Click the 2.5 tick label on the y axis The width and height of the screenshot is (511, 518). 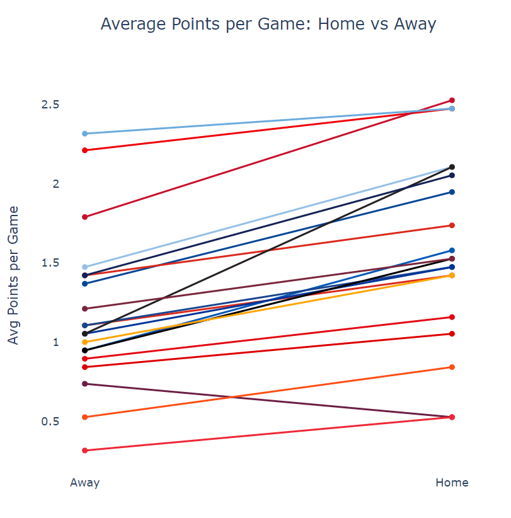pos(54,105)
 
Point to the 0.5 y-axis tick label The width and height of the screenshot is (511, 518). pos(54,422)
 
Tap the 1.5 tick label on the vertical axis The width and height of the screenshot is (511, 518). pos(54,263)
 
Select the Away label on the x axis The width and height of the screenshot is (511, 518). pos(84,483)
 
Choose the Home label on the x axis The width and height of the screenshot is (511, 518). pos(452,483)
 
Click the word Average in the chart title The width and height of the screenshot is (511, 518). pos(130,24)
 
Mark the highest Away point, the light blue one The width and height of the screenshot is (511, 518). pos(84,134)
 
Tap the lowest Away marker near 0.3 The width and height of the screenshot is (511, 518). pos(84,451)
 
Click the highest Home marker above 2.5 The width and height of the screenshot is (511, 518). pos(452,100)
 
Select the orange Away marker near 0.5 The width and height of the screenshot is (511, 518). pos(84,417)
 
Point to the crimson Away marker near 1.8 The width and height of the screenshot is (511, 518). pos(84,217)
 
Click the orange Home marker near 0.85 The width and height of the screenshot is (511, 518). pos(452,367)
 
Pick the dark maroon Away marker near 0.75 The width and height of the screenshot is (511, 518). pos(84,384)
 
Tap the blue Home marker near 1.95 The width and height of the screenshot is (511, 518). pos(452,192)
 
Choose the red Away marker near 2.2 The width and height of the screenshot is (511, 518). pos(84,150)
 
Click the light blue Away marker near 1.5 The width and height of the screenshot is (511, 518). pos(84,267)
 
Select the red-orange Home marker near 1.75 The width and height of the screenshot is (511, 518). pos(452,225)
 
